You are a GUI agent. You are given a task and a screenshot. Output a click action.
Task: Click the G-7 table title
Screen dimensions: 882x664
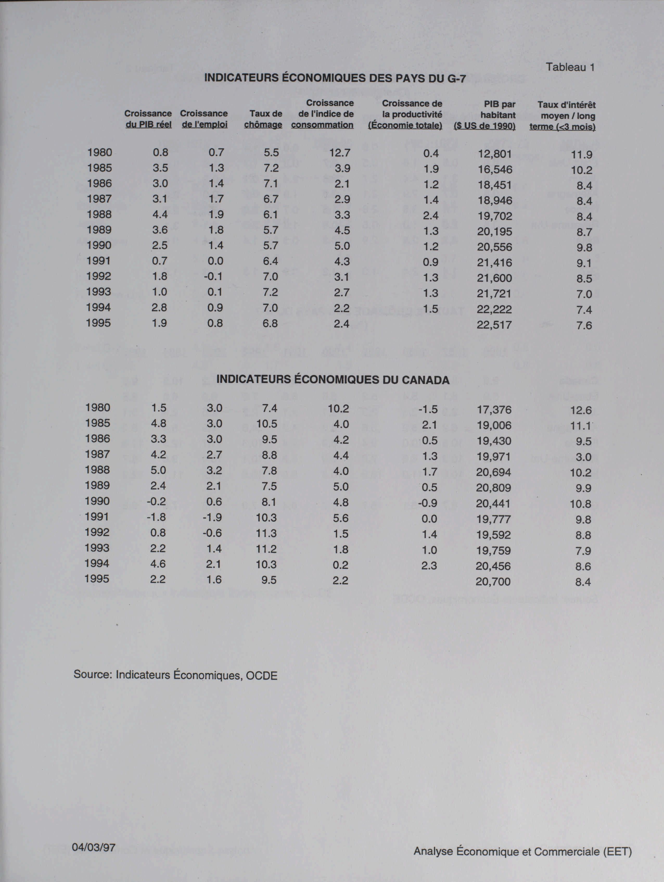tap(335, 78)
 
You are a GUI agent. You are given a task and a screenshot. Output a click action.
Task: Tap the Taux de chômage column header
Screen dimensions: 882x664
tap(263, 119)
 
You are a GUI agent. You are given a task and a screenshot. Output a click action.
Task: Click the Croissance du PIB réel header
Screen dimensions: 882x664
tap(148, 119)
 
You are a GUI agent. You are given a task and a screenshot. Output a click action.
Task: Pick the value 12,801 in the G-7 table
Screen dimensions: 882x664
tap(494, 154)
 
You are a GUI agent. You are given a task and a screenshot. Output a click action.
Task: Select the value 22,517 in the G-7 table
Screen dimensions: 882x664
tap(494, 325)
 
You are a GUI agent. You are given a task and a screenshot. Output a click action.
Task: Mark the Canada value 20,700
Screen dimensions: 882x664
tap(493, 581)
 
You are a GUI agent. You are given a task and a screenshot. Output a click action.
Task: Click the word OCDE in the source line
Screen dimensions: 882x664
tap(261, 676)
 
